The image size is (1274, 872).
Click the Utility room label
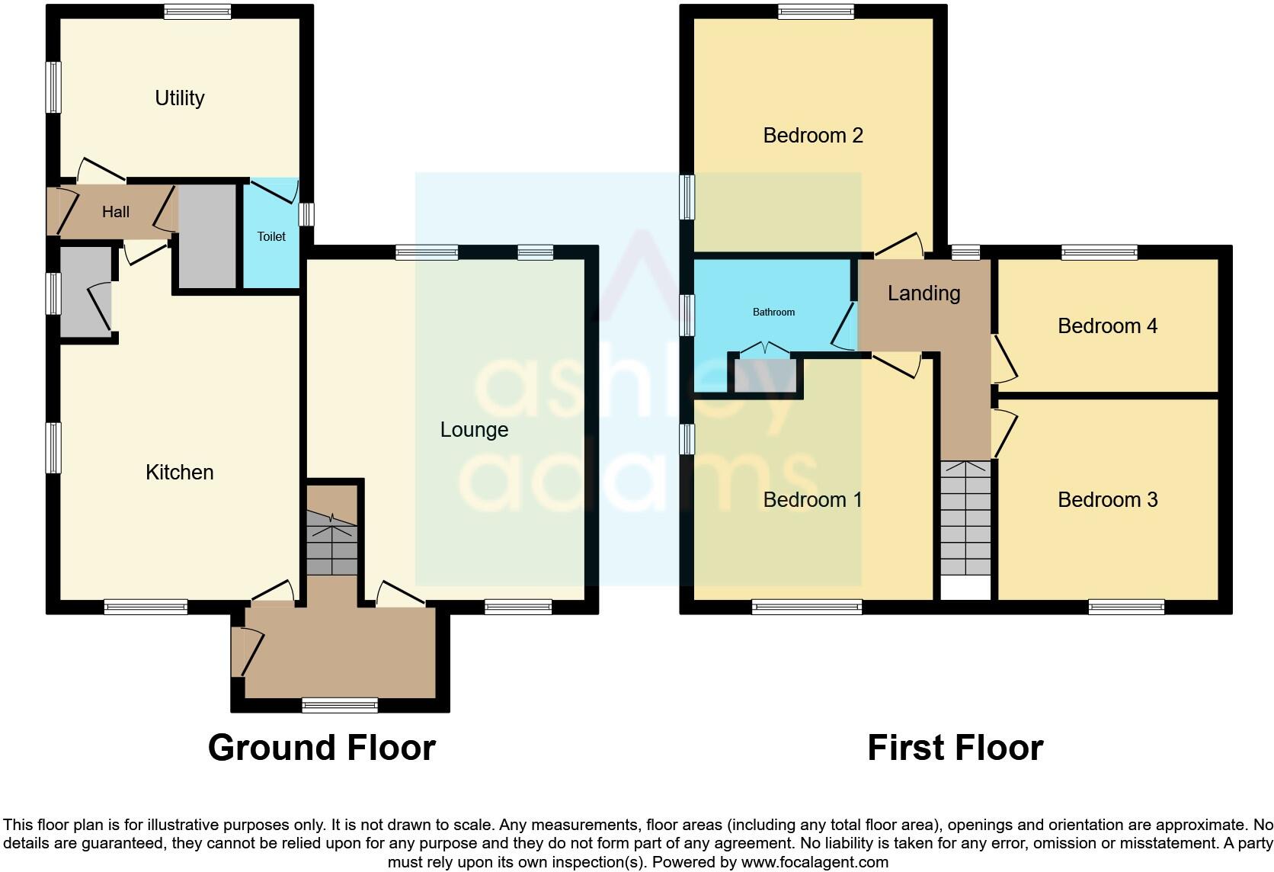(180, 98)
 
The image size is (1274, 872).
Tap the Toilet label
(271, 236)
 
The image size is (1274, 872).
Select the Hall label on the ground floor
(116, 212)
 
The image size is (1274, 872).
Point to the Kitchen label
(180, 473)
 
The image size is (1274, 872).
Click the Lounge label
(474, 430)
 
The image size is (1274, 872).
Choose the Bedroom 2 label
(813, 136)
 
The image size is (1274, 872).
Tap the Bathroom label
(773, 312)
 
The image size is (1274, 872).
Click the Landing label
(923, 293)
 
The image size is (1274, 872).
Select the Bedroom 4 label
(1107, 326)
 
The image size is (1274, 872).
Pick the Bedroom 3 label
(1107, 500)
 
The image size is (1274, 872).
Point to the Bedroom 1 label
(813, 500)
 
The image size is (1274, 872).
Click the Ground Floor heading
(322, 748)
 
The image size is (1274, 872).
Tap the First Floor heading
(955, 748)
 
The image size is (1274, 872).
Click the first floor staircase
(965, 518)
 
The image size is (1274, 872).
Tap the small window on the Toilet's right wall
(306, 214)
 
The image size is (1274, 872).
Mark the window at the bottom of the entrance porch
(340, 705)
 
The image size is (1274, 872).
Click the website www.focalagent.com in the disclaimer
(815, 863)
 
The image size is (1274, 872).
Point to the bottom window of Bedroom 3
(1126, 608)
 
